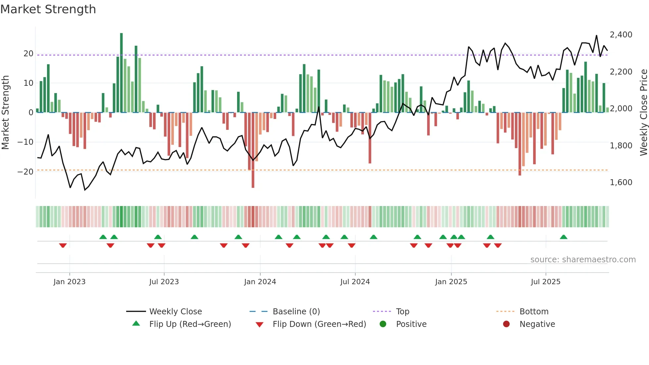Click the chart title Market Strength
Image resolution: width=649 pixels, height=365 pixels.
tap(48, 9)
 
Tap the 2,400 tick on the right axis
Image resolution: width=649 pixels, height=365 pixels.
tap(621, 35)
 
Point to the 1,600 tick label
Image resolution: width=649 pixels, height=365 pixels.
tap(621, 182)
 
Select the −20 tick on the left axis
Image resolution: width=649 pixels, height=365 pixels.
tap(25, 172)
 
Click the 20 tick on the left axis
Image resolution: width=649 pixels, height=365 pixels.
tap(28, 54)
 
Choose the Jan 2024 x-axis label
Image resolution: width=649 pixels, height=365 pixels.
tap(260, 282)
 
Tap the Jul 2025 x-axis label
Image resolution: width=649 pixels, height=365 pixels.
tap(545, 282)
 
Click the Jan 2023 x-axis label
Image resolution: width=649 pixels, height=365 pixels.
tap(70, 282)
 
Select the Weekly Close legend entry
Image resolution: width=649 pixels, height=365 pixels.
tap(175, 312)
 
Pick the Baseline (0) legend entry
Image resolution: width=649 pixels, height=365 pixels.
tap(296, 312)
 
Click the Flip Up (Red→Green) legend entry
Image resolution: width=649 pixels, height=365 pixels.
tap(190, 324)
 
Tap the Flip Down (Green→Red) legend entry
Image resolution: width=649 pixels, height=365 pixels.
tap(319, 324)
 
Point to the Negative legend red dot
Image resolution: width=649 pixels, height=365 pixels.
tap(506, 324)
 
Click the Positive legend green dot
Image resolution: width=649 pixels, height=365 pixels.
tap(383, 324)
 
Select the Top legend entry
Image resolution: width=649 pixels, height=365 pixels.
tap(402, 312)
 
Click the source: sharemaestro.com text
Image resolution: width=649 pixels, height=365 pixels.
tap(583, 260)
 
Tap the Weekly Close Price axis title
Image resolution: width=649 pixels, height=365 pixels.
tap(643, 113)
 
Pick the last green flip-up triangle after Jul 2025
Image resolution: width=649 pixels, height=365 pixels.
tap(564, 237)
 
